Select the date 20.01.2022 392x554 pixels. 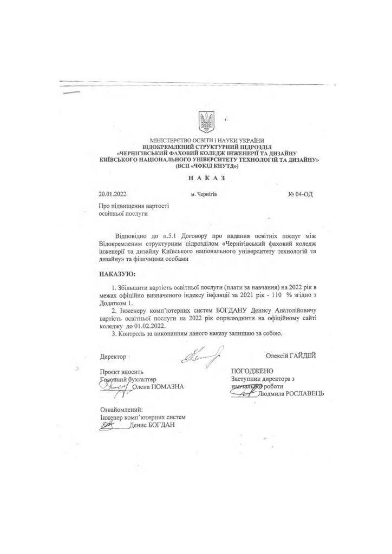pyautogui.click(x=113, y=193)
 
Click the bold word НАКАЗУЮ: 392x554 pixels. pyautogui.click(x=117, y=274)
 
